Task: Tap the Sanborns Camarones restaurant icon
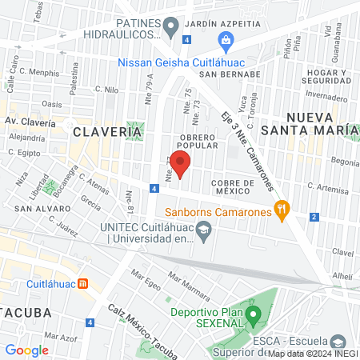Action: [281, 211]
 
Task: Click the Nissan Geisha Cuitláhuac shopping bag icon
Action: [226, 41]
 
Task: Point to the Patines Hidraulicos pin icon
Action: [170, 28]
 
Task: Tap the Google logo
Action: [26, 350]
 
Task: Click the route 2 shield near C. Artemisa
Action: [314, 217]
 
